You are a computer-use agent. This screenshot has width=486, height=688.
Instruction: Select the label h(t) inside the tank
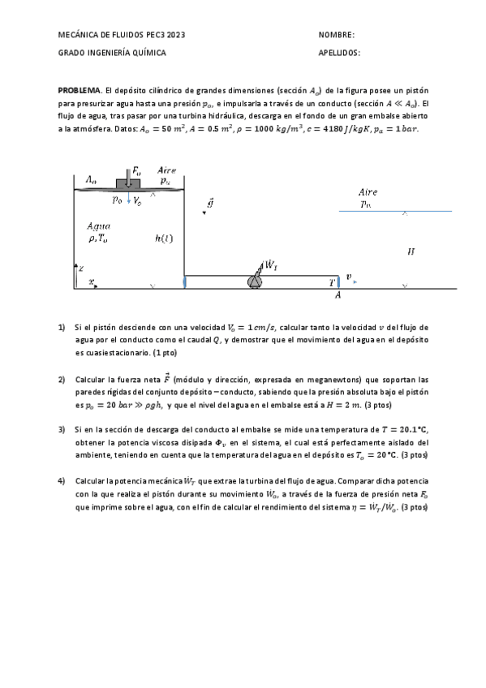point(164,239)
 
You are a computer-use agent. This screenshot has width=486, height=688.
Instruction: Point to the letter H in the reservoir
point(411,252)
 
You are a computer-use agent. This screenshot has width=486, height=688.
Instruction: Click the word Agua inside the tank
point(98,226)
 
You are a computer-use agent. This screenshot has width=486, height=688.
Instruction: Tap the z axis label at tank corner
point(80,267)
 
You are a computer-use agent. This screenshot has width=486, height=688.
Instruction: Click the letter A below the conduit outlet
point(338,296)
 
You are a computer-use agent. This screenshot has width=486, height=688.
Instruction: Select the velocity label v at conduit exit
point(349,277)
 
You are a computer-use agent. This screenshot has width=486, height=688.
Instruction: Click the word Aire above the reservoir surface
point(368,192)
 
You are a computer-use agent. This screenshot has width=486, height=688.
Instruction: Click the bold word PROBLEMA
point(80,89)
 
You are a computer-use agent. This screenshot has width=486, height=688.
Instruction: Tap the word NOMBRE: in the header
point(337,35)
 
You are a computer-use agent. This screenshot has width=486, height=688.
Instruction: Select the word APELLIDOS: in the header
point(340,53)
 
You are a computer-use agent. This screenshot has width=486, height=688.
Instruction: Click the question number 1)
point(62,328)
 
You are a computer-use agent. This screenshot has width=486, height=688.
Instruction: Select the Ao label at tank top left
point(91,179)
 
